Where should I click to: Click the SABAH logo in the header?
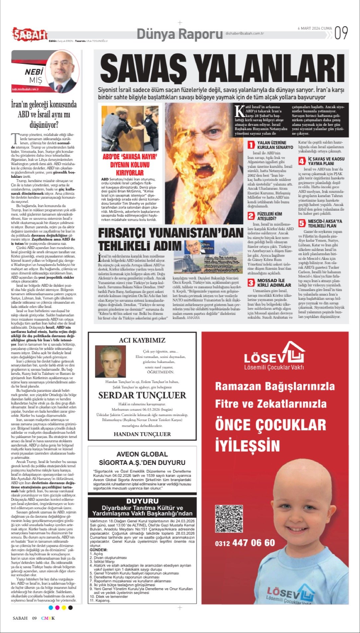point(30,34)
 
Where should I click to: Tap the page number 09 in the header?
point(341,33)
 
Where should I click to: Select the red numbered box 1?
point(251,145)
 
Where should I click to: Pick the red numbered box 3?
point(251,282)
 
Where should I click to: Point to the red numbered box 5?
point(302,223)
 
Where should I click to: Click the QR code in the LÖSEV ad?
point(229,519)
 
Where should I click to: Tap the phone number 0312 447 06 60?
point(245,543)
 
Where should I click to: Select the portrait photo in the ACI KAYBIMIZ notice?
point(110,361)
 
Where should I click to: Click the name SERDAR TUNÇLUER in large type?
point(142,395)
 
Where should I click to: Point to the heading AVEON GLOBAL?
point(142,454)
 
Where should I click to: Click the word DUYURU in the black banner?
point(142,501)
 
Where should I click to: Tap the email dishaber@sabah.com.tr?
point(244,33)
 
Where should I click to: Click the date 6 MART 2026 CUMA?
point(315,28)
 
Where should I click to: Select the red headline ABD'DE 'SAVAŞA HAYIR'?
point(130,157)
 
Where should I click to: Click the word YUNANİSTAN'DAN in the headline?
point(193,233)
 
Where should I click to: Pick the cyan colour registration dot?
point(51,608)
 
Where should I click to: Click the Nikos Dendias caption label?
point(207,246)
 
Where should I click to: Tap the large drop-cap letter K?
point(239,111)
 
